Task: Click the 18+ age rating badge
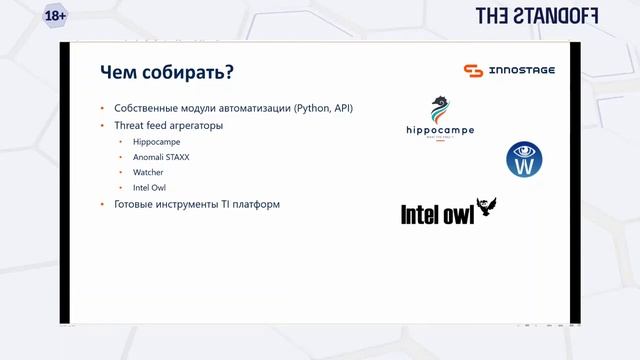56,17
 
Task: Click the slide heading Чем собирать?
167,73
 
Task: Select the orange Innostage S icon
473,70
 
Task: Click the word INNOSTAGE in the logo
522,71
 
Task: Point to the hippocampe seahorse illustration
438,108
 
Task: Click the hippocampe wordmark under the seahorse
440,130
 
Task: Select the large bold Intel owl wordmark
437,213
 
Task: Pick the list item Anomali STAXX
161,157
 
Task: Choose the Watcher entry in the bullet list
148,172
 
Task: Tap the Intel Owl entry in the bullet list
150,187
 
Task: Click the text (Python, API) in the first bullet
323,108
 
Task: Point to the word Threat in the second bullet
130,126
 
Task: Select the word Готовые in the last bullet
136,204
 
